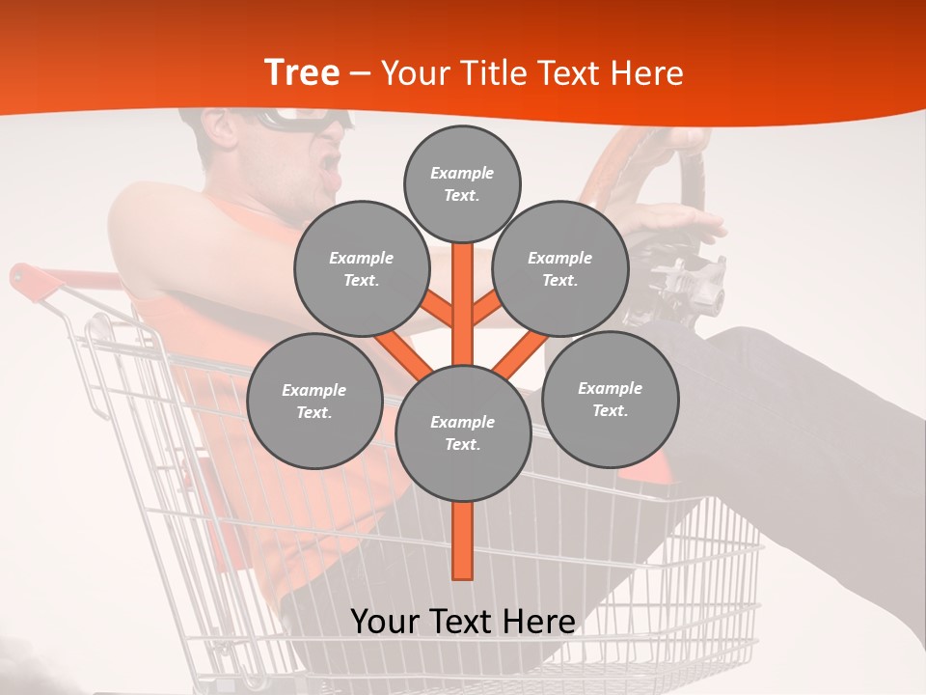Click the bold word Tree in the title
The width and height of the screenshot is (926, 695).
click(x=302, y=72)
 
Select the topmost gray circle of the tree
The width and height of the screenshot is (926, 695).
click(x=462, y=183)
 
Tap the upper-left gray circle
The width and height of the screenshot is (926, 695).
click(x=361, y=268)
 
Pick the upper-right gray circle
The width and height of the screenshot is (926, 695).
click(x=560, y=268)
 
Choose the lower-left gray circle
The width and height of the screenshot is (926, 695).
click(x=314, y=401)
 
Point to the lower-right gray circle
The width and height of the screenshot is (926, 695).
click(x=610, y=399)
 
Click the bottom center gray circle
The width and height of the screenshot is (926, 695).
click(x=462, y=432)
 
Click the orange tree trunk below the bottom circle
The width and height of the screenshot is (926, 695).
click(x=462, y=541)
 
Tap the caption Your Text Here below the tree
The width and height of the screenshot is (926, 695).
click(x=462, y=622)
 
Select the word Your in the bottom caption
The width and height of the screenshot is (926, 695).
click(x=385, y=622)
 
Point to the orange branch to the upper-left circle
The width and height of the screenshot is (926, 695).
click(x=438, y=309)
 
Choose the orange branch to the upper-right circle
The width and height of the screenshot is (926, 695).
click(x=486, y=309)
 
